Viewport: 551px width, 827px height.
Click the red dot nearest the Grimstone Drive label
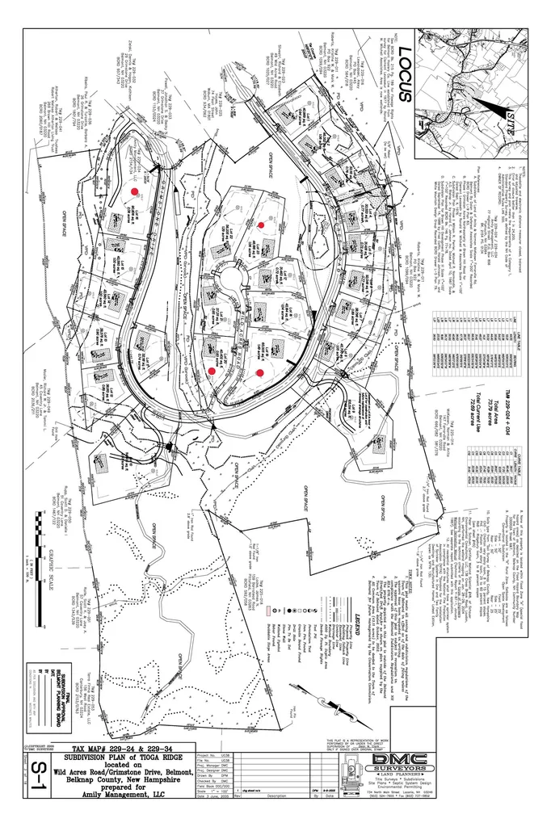(137, 191)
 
